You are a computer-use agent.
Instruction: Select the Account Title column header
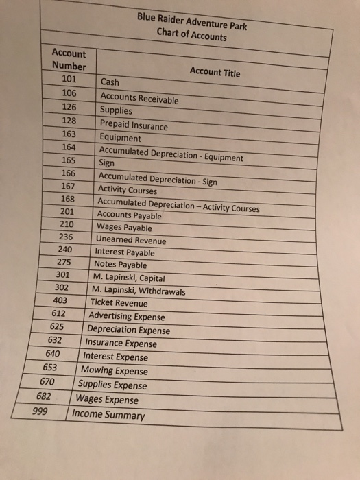(x=215, y=72)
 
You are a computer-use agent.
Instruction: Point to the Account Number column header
(x=69, y=60)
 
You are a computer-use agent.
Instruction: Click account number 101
(x=69, y=80)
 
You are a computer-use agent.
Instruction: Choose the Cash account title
(x=110, y=82)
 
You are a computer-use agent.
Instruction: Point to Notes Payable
(x=120, y=265)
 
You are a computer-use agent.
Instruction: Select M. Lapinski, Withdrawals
(x=138, y=291)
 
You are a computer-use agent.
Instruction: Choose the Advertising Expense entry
(x=128, y=317)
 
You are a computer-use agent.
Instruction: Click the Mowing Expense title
(x=114, y=371)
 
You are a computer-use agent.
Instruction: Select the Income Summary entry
(x=108, y=415)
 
